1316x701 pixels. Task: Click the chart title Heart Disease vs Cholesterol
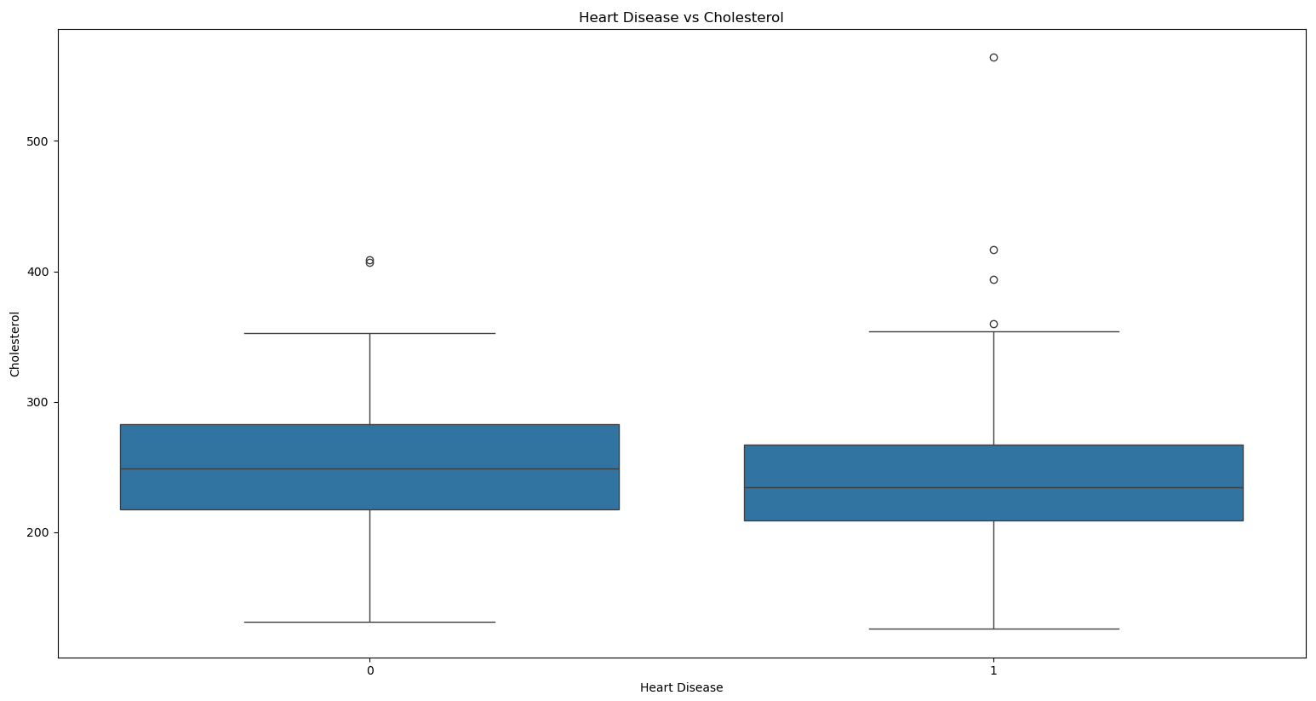click(x=681, y=18)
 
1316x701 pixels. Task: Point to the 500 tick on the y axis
click(x=37, y=141)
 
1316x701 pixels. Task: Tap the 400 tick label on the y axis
click(x=37, y=273)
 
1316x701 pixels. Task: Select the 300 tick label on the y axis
click(x=37, y=403)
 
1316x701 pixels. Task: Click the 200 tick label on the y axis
click(x=37, y=533)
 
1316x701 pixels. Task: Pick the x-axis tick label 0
click(x=370, y=670)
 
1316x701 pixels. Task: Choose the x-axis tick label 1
click(x=993, y=670)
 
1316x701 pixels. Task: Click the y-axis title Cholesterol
click(x=14, y=344)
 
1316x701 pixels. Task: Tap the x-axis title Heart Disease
click(x=682, y=687)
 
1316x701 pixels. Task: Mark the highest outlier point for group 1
click(x=993, y=58)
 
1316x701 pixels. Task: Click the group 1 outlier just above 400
click(x=993, y=250)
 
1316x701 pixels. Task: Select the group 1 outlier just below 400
click(x=993, y=280)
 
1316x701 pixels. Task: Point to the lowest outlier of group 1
click(x=993, y=324)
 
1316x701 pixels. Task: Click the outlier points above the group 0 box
click(x=369, y=261)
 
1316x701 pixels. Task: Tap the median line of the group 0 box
click(x=369, y=468)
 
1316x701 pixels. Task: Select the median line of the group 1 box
click(x=993, y=487)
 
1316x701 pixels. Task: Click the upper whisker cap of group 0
click(x=369, y=333)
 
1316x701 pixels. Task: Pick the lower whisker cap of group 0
click(x=369, y=622)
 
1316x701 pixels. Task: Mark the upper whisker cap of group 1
click(x=993, y=331)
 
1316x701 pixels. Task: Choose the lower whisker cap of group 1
click(x=993, y=629)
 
